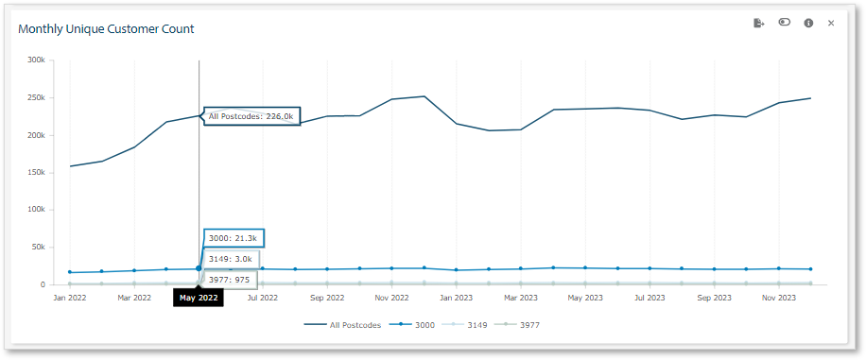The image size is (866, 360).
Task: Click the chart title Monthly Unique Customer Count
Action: click(x=106, y=29)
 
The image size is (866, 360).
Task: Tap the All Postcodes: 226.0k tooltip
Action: click(x=251, y=116)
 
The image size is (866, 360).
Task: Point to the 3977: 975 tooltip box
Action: click(x=230, y=279)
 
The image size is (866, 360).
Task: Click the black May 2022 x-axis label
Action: click(x=199, y=298)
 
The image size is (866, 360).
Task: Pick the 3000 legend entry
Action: click(x=415, y=325)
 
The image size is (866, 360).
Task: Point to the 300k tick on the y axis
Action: click(x=36, y=60)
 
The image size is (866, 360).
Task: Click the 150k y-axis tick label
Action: click(x=36, y=172)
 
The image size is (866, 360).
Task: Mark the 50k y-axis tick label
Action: click(x=38, y=247)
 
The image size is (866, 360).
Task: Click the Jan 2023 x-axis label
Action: click(x=456, y=298)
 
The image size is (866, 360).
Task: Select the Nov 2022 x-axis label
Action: click(x=391, y=298)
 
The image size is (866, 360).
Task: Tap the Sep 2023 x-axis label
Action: click(x=714, y=298)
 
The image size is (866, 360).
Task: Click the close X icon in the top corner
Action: click(x=831, y=23)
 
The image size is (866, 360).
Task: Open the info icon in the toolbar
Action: click(x=808, y=23)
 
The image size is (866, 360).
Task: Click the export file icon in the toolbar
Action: click(x=758, y=23)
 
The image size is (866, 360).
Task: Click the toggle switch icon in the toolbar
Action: click(x=784, y=23)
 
